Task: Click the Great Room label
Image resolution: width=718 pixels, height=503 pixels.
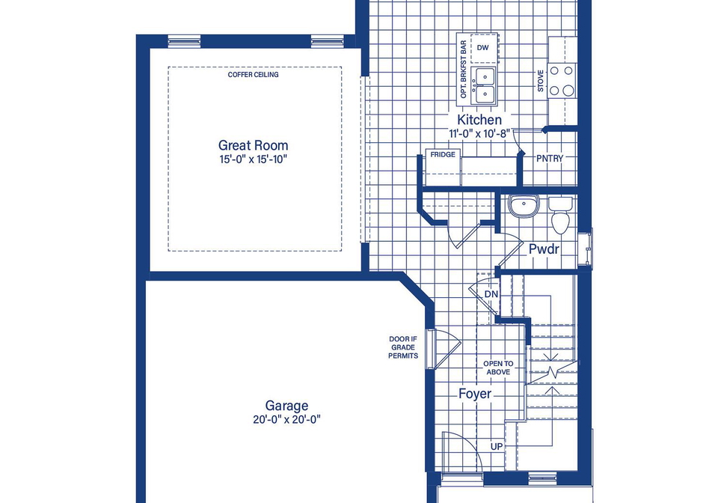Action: [254, 145]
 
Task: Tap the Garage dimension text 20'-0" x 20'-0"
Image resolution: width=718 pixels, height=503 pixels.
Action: [286, 419]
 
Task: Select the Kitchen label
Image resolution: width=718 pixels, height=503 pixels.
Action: [479, 120]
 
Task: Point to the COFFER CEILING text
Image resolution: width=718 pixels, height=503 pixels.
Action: [254, 75]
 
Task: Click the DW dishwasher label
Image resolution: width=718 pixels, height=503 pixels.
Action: [482, 48]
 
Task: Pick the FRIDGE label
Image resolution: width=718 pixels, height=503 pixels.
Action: [443, 155]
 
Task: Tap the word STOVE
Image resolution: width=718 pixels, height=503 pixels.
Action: [540, 81]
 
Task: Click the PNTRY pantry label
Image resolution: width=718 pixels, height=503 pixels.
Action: [550, 159]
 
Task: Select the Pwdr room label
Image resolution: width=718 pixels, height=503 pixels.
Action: [544, 249]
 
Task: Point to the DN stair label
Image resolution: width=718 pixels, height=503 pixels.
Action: [491, 294]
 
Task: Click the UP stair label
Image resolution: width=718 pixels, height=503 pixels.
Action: [497, 446]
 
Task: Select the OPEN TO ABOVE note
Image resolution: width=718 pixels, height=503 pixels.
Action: [498, 368]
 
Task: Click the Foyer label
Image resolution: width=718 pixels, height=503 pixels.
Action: [475, 394]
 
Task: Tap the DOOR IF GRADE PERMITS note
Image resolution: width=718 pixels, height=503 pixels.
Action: [403, 347]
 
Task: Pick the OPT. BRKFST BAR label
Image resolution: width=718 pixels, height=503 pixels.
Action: [464, 70]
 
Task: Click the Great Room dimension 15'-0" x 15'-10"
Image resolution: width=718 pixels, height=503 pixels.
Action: [254, 159]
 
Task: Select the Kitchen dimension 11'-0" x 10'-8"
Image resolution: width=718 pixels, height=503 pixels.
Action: [479, 133]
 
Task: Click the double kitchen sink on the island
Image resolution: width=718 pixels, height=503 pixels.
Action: [485, 85]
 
